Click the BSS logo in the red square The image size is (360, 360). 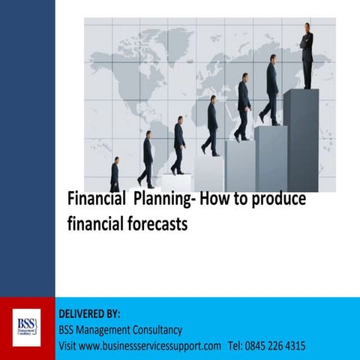(x=27, y=328)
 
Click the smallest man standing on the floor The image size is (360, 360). (x=114, y=175)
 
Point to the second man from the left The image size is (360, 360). (x=147, y=159)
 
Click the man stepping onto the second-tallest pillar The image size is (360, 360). (x=269, y=93)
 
